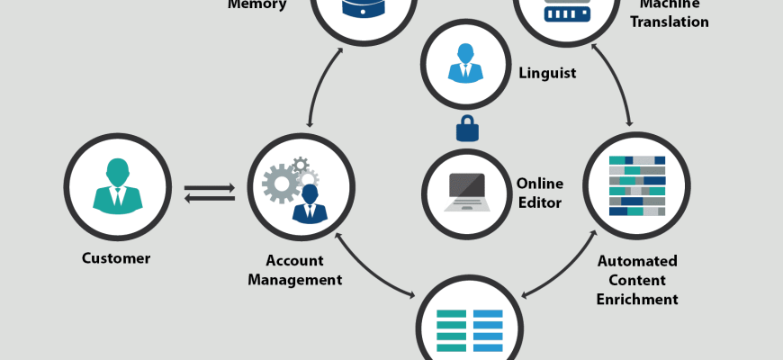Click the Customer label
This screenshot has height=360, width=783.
click(x=116, y=258)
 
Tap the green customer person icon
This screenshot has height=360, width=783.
click(x=117, y=186)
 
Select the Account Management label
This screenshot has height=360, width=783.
click(x=295, y=270)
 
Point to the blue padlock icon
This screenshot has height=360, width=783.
click(x=467, y=129)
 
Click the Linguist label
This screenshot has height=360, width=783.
click(x=547, y=72)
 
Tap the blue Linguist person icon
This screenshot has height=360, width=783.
click(x=466, y=62)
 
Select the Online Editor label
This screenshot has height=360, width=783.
click(x=539, y=193)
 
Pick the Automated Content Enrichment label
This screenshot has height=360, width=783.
click(x=637, y=280)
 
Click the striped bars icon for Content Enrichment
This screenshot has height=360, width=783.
click(x=637, y=186)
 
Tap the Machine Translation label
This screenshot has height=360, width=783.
click(x=669, y=13)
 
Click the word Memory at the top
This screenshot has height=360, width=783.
click(x=257, y=4)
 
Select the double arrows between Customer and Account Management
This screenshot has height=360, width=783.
click(x=210, y=193)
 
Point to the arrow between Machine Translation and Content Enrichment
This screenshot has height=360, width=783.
click(x=616, y=85)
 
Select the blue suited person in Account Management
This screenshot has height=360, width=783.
click(x=310, y=203)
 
